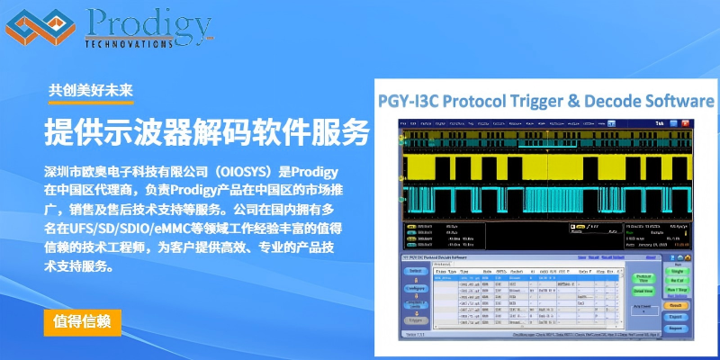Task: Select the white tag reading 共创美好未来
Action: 91,90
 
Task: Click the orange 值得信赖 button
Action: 82,322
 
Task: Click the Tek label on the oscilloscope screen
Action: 661,122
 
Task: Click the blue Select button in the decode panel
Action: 415,271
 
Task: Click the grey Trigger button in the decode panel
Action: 415,319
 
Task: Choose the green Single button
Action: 678,271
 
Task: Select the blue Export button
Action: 678,318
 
